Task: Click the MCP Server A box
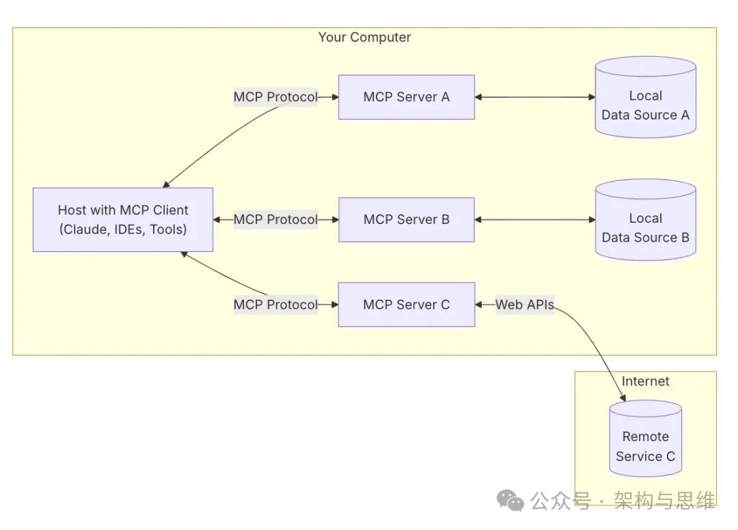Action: point(406,97)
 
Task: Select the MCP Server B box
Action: point(406,220)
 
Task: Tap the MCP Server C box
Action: point(406,305)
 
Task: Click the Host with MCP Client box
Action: point(123,220)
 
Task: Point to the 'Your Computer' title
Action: point(364,37)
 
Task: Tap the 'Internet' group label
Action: point(645,381)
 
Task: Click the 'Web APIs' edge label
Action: point(525,305)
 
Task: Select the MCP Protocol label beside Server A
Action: point(275,97)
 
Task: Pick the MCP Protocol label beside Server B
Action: point(275,220)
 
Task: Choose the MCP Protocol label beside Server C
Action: point(275,305)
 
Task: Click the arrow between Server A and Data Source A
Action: point(535,97)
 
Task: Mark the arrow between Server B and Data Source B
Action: point(535,220)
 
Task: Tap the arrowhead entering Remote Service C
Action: point(622,397)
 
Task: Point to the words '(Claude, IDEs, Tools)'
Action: point(123,229)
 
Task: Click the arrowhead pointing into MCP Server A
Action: point(335,97)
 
